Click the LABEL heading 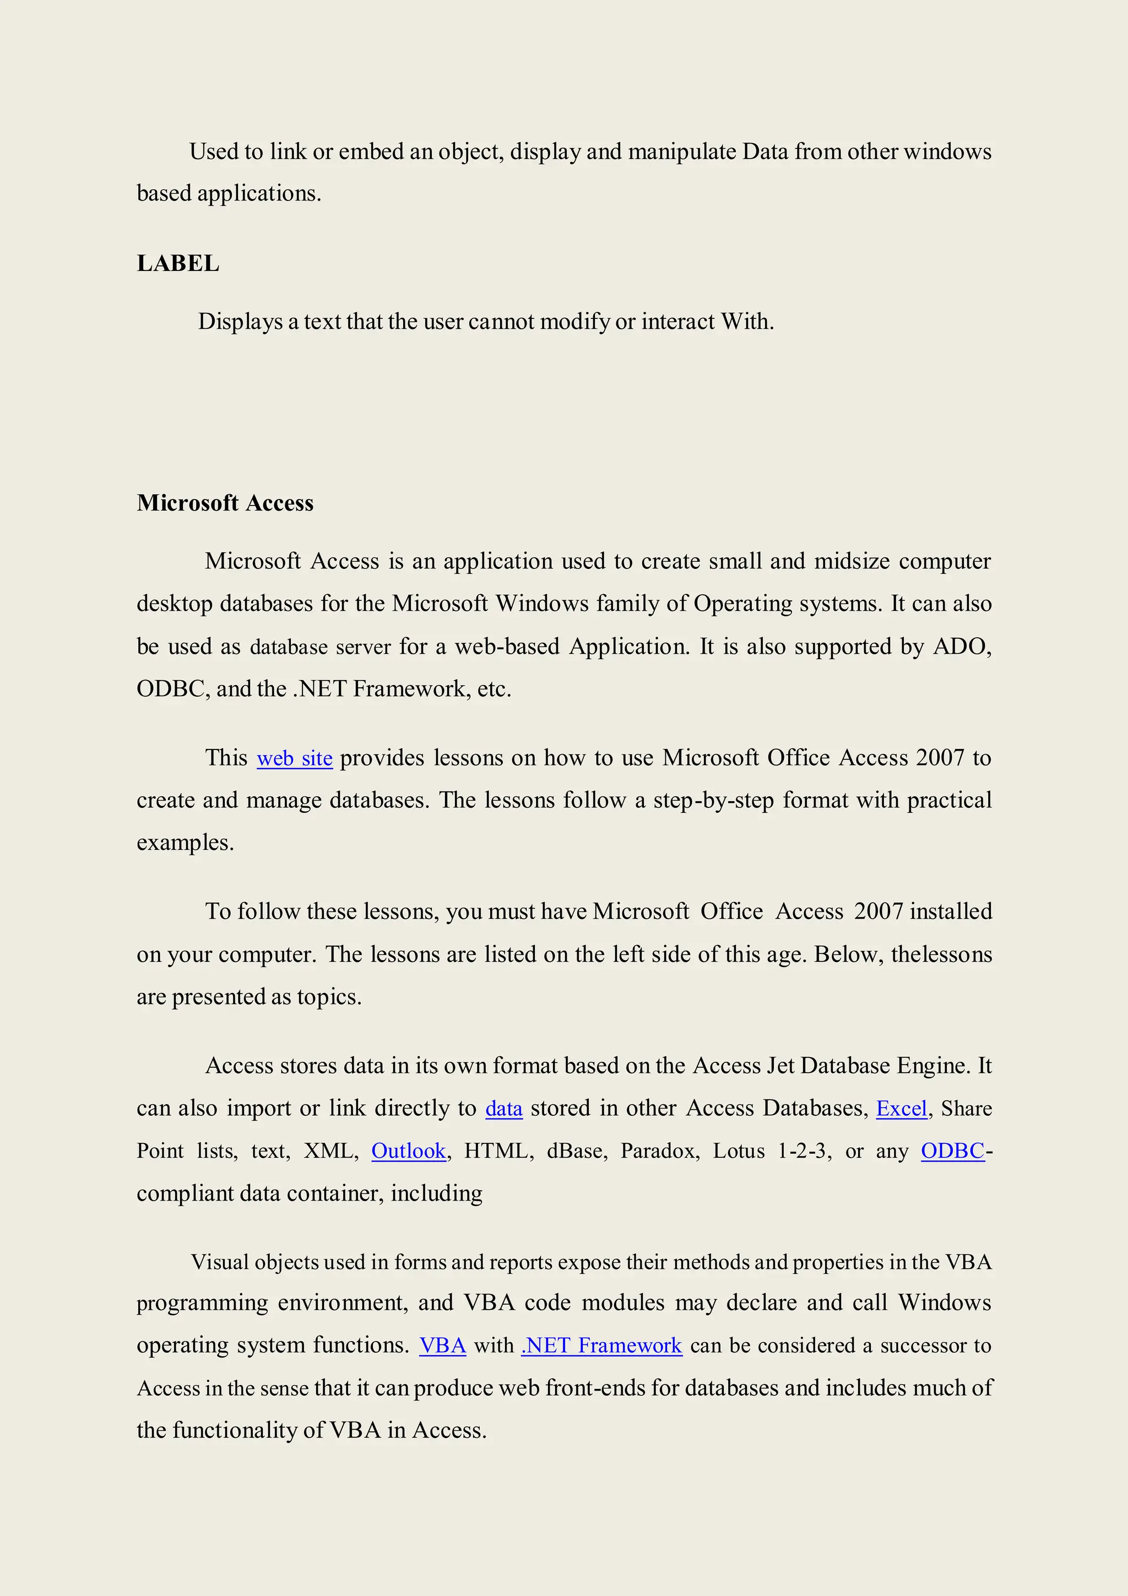tap(178, 263)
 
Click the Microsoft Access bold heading tap(225, 503)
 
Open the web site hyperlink tap(295, 758)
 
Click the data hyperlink tap(504, 1108)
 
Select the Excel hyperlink tap(902, 1108)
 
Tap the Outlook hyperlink tap(409, 1150)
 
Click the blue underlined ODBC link tap(952, 1150)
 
